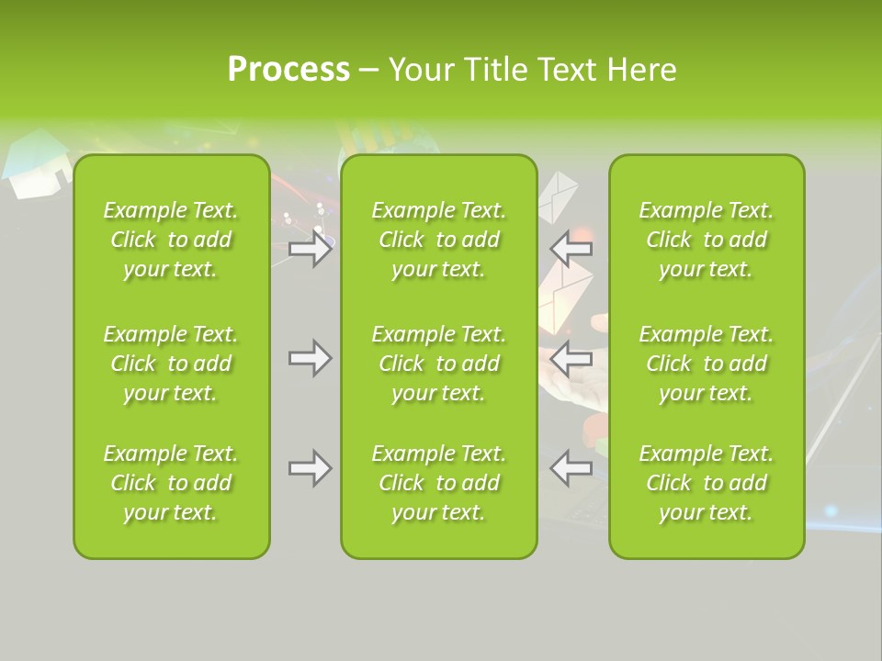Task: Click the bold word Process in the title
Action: pyautogui.click(x=288, y=70)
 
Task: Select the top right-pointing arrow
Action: pyautogui.click(x=311, y=249)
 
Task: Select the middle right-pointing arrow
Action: pyautogui.click(x=311, y=358)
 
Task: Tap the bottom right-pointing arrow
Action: pyautogui.click(x=311, y=468)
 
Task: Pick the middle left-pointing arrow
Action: pyautogui.click(x=571, y=358)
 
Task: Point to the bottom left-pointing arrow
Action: pyautogui.click(x=571, y=468)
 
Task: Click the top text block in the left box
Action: pyautogui.click(x=171, y=240)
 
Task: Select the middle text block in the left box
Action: pyautogui.click(x=171, y=364)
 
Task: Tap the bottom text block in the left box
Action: pyautogui.click(x=171, y=483)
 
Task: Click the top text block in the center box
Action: pyautogui.click(x=439, y=240)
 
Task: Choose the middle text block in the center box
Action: pyautogui.click(x=439, y=364)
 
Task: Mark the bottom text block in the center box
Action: pyautogui.click(x=439, y=483)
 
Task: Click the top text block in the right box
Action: pyautogui.click(x=707, y=240)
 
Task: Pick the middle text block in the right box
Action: pyautogui.click(x=707, y=364)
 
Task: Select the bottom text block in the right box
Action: pyautogui.click(x=707, y=483)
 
